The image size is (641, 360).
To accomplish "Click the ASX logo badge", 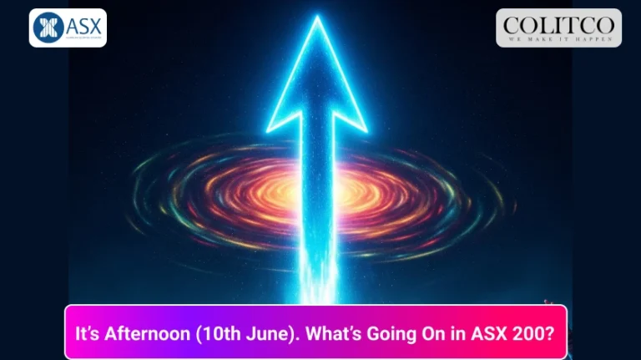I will [x=68, y=28].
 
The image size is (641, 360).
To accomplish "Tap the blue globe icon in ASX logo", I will [x=48, y=28].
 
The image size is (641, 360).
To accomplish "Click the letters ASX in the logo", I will [x=82, y=24].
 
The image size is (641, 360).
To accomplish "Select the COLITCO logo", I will [x=558, y=28].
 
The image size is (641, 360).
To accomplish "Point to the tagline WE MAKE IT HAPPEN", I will [x=558, y=38].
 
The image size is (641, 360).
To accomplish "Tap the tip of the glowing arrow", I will [x=316, y=20].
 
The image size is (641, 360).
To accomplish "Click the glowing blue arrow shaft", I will [x=316, y=209].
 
